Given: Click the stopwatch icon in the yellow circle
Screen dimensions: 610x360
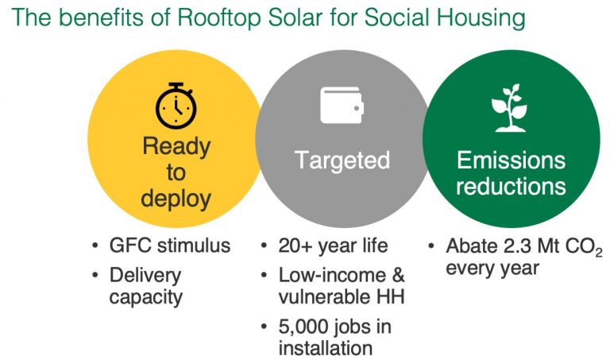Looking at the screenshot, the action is click(x=176, y=106).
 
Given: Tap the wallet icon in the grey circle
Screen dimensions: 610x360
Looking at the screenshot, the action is click(x=342, y=105).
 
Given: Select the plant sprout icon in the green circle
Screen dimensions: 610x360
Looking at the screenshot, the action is click(x=509, y=108).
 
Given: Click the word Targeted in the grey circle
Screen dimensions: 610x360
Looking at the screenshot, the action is click(x=342, y=160).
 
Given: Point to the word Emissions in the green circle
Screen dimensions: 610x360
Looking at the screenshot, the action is click(x=511, y=160).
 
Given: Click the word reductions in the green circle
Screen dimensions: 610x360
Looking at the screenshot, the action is click(x=511, y=186).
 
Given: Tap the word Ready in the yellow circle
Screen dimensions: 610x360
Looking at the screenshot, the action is click(x=176, y=147).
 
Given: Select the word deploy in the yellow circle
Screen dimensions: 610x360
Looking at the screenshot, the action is click(x=176, y=199).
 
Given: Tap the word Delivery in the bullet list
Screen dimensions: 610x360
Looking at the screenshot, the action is click(x=145, y=276).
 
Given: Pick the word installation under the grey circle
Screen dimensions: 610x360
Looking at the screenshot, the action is click(x=325, y=347).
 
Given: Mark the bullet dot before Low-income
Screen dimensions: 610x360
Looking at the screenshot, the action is click(x=264, y=276).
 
